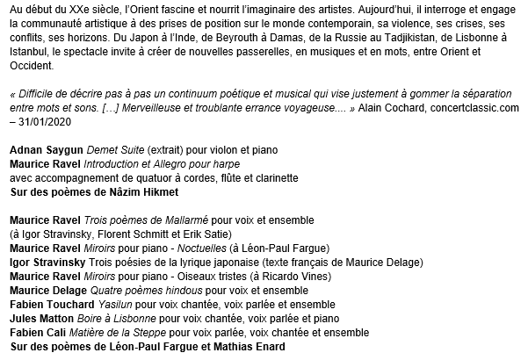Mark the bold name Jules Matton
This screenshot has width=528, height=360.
[x=40, y=318]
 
